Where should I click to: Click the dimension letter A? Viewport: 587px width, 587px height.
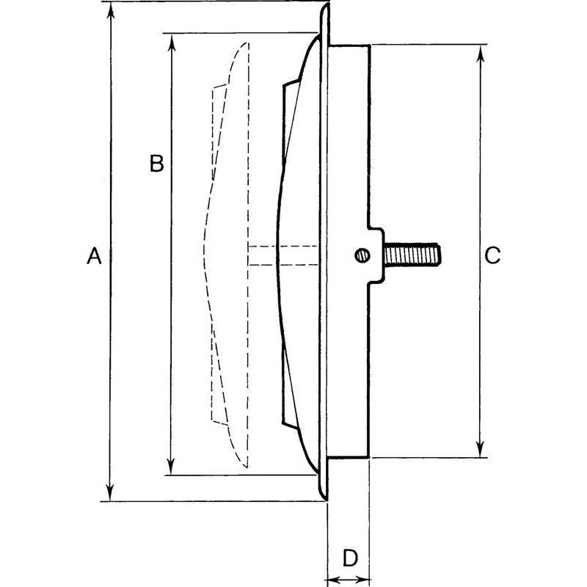click(x=93, y=256)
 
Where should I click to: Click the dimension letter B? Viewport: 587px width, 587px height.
click(x=156, y=163)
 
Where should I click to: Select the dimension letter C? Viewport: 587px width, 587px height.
click(x=492, y=255)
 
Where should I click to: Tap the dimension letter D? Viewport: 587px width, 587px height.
click(x=350, y=558)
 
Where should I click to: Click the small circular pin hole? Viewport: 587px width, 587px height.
click(x=361, y=255)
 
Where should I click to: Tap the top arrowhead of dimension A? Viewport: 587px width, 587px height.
click(x=110, y=9)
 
